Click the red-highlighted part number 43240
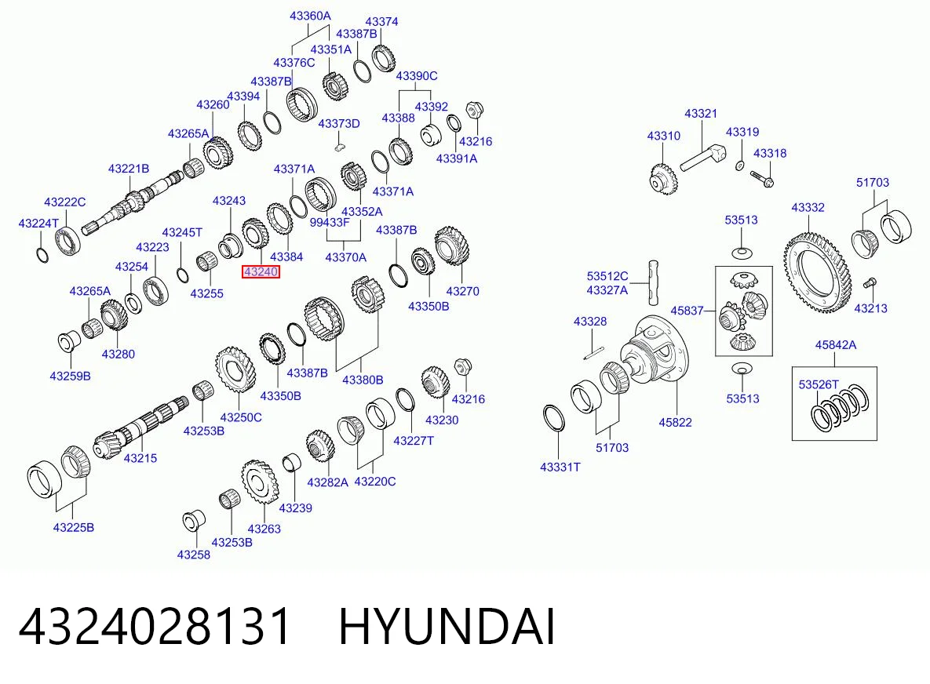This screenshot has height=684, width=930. [x=261, y=271]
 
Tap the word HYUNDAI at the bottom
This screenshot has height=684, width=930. [x=447, y=626]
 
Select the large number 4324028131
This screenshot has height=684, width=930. [x=155, y=626]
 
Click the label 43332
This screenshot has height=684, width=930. [x=808, y=207]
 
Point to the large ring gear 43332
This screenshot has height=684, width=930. [x=817, y=273]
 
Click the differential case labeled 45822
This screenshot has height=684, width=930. [x=655, y=351]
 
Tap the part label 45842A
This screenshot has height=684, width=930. [x=835, y=345]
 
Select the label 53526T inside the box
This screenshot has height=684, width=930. [x=819, y=384]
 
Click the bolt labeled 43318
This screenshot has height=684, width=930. [x=761, y=178]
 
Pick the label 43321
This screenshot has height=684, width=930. [x=701, y=113]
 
